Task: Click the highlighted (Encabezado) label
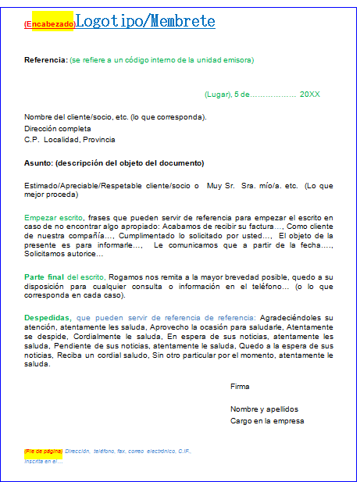[x=49, y=24]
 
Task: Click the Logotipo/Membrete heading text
[x=145, y=21]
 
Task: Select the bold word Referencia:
[x=45, y=60]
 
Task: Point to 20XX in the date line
[x=309, y=95]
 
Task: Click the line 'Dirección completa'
[x=58, y=128]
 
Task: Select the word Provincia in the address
[x=98, y=140]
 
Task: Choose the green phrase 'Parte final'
[x=45, y=277]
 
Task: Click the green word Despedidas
[x=48, y=318]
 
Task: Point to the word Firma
[x=240, y=387]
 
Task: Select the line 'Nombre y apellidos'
[x=264, y=409]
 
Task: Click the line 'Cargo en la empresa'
[x=266, y=421]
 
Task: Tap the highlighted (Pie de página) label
[x=44, y=452]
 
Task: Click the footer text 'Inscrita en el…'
[x=43, y=461]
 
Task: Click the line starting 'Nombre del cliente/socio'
[x=115, y=117]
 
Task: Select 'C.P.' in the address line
[x=31, y=140]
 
